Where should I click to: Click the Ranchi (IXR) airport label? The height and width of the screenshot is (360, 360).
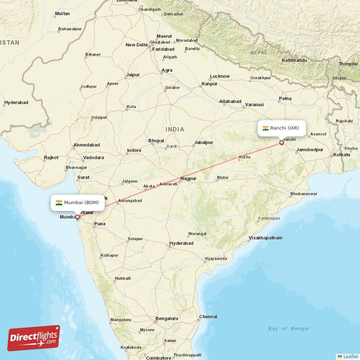[284, 128]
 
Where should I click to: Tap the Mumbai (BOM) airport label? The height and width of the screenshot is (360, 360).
[77, 202]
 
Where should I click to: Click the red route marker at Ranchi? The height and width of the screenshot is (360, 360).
[282, 143]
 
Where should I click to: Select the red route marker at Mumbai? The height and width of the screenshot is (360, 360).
[77, 217]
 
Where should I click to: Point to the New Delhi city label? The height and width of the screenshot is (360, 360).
[136, 45]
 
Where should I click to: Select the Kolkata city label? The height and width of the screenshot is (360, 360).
[342, 155]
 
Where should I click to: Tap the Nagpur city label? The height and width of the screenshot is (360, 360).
[188, 179]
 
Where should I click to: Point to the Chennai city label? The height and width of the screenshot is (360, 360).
[208, 316]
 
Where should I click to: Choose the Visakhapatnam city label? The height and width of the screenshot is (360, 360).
[265, 238]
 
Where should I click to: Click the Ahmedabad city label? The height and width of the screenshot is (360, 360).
[86, 145]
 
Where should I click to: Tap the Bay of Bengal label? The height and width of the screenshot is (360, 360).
[289, 328]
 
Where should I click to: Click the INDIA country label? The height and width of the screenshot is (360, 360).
[175, 130]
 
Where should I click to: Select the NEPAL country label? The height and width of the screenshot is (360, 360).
[259, 53]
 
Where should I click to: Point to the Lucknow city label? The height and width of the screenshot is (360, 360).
[220, 76]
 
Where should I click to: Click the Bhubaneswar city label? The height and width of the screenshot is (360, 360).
[304, 193]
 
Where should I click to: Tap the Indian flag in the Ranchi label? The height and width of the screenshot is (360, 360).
[265, 128]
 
